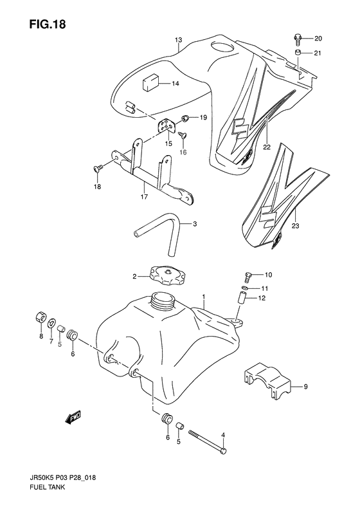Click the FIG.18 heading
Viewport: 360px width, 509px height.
click(48, 24)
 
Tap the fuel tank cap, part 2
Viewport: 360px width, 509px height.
click(167, 275)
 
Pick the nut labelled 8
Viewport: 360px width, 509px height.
click(41, 317)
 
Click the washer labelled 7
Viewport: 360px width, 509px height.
click(51, 324)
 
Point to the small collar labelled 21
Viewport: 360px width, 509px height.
click(298, 53)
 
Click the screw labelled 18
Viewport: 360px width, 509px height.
click(98, 168)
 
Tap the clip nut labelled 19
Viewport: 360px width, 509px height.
click(186, 118)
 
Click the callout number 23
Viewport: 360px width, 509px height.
click(295, 226)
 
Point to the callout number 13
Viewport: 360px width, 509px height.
click(178, 40)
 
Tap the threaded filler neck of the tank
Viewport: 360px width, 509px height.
click(163, 301)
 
